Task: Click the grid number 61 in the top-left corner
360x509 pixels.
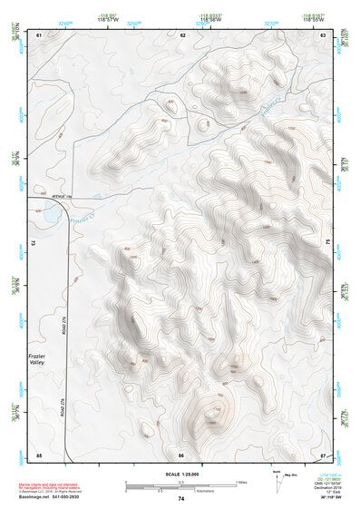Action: pos(39,34)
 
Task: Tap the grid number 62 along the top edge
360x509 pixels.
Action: pos(182,34)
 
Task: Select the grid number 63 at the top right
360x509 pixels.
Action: pos(323,34)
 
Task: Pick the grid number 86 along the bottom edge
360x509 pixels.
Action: pos(181,454)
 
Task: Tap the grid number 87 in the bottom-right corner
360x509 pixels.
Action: pos(323,454)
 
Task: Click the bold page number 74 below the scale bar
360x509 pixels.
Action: pos(181,498)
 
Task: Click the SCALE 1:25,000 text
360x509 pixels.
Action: pos(181,474)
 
